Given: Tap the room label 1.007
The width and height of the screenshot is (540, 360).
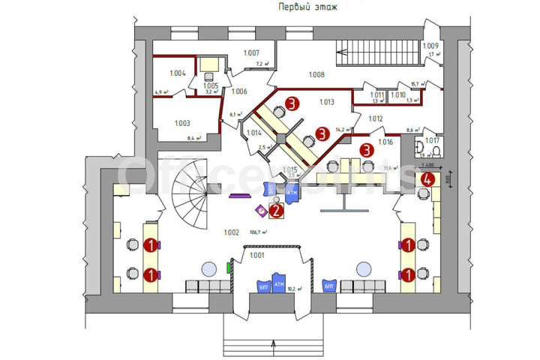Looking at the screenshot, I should click(x=251, y=52).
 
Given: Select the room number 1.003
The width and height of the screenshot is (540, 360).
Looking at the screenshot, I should click(x=182, y=124).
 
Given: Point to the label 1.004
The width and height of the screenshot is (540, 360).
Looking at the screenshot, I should click(x=177, y=73).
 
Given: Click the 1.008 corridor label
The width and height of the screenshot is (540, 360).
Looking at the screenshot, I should click(x=316, y=75).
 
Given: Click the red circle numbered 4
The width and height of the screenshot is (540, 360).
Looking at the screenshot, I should click(x=427, y=180).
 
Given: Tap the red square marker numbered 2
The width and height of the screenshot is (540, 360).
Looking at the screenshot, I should click(x=276, y=211).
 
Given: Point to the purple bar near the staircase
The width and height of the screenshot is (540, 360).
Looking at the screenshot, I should click(x=239, y=196).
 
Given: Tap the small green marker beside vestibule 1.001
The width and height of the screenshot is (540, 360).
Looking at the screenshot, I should click(x=229, y=266).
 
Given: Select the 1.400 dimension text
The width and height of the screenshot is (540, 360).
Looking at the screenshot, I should click(x=428, y=165).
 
